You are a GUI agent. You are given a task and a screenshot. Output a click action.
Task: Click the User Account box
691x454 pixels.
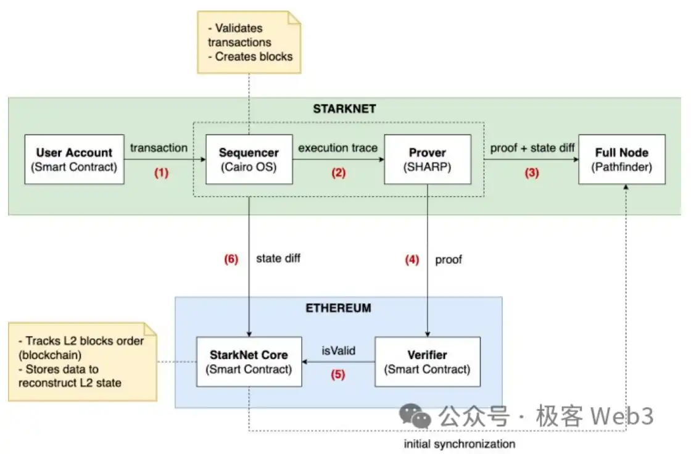(74, 159)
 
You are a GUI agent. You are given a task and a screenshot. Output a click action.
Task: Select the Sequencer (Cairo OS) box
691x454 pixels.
(249, 159)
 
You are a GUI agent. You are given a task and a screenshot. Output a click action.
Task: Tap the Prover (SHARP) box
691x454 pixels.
(427, 159)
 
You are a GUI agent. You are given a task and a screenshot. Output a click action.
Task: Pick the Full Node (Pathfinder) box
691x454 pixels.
(622, 159)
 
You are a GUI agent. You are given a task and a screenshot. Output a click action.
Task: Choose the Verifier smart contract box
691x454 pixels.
(427, 361)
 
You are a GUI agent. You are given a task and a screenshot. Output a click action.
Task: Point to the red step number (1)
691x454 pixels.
(161, 173)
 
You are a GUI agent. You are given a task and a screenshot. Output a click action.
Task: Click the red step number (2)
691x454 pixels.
(338, 173)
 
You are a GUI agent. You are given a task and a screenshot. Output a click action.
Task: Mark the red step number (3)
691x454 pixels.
(531, 173)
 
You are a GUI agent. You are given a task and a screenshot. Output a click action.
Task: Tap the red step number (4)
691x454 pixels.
(412, 260)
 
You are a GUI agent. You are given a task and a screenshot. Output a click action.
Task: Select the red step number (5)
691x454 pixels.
(338, 374)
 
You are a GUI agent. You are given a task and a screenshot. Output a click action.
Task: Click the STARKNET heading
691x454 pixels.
(344, 109)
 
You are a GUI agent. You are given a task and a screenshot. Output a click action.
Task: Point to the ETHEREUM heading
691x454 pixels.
(339, 308)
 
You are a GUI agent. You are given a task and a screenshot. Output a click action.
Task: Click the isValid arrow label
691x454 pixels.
(339, 351)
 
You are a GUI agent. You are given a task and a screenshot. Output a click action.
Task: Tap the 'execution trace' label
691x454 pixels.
(338, 149)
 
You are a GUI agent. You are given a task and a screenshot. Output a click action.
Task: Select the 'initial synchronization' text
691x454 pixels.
(460, 444)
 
